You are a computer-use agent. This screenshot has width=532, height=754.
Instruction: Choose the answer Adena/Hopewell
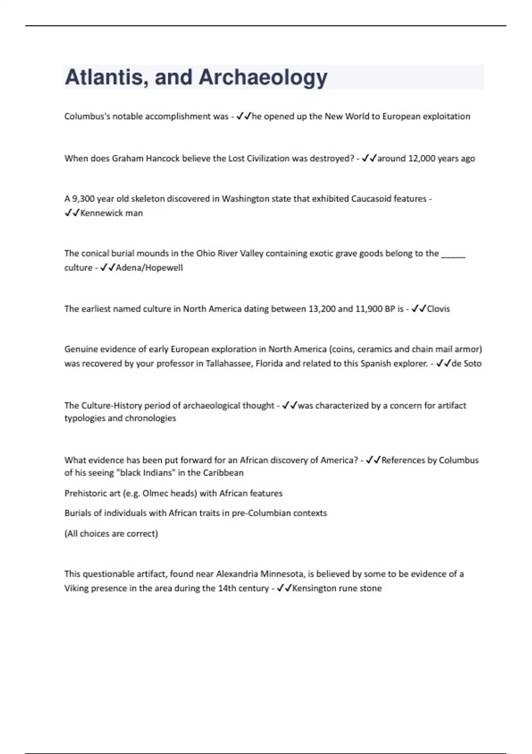[x=149, y=267]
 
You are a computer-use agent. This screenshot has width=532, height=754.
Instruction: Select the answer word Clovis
[x=438, y=309]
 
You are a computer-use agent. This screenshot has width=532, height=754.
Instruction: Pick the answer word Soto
[x=473, y=363]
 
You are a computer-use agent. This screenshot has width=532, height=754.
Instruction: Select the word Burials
[x=79, y=513]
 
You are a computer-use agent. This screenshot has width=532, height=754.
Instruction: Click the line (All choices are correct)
[x=111, y=533]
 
